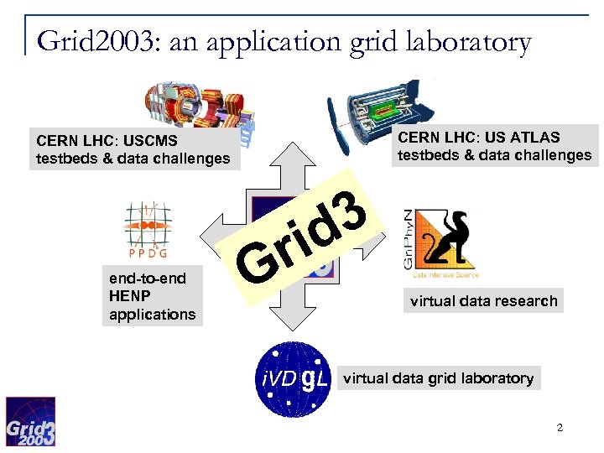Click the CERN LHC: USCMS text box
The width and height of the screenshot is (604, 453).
tap(133, 149)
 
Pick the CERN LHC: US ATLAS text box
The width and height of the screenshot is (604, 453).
tap(494, 146)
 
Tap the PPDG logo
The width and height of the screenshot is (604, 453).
tap(147, 232)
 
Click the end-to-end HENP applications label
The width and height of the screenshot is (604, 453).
tap(152, 296)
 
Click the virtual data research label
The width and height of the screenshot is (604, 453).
tap(483, 301)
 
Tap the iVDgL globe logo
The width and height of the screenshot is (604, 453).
tap(293, 379)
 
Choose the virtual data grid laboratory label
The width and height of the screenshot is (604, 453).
tap(438, 378)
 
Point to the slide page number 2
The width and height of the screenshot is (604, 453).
tap(560, 430)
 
